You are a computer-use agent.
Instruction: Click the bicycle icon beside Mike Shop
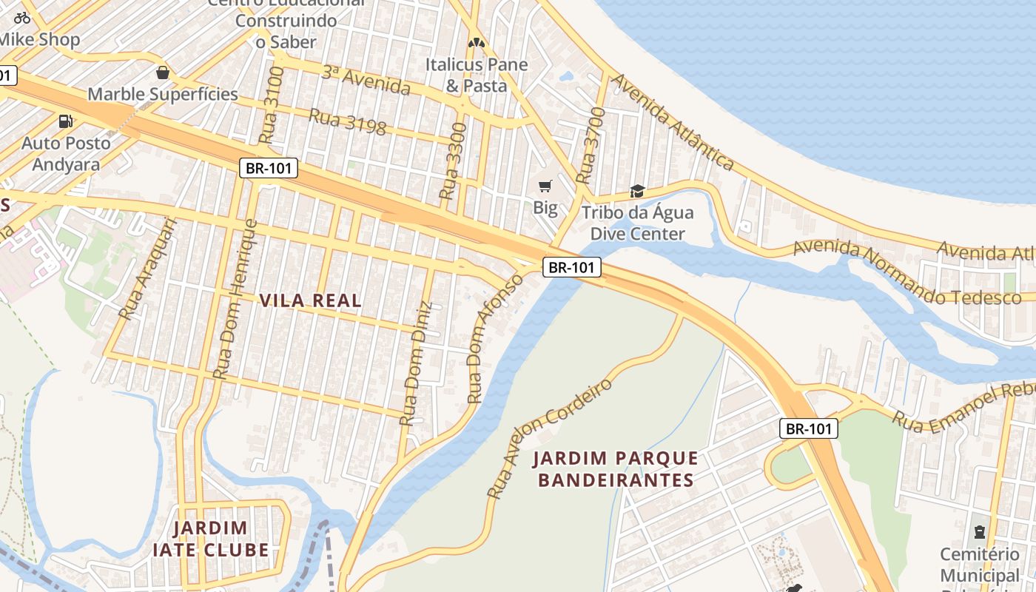(22, 18)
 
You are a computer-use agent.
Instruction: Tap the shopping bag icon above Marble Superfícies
(163, 73)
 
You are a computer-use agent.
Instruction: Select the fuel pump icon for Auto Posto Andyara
(66, 121)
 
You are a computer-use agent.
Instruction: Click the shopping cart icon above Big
(545, 186)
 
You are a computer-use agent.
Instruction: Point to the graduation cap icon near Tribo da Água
(637, 192)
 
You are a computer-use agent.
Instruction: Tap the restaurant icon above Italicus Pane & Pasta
(477, 43)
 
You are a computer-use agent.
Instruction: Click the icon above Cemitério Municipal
(980, 531)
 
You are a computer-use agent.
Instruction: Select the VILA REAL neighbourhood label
(311, 300)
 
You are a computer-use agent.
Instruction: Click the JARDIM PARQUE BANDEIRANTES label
(616, 469)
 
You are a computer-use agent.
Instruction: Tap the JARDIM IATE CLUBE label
(211, 539)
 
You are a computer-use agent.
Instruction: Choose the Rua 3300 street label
(453, 161)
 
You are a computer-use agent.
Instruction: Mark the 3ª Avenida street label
(366, 81)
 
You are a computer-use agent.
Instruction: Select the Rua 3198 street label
(347, 123)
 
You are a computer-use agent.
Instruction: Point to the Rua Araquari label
(148, 268)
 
